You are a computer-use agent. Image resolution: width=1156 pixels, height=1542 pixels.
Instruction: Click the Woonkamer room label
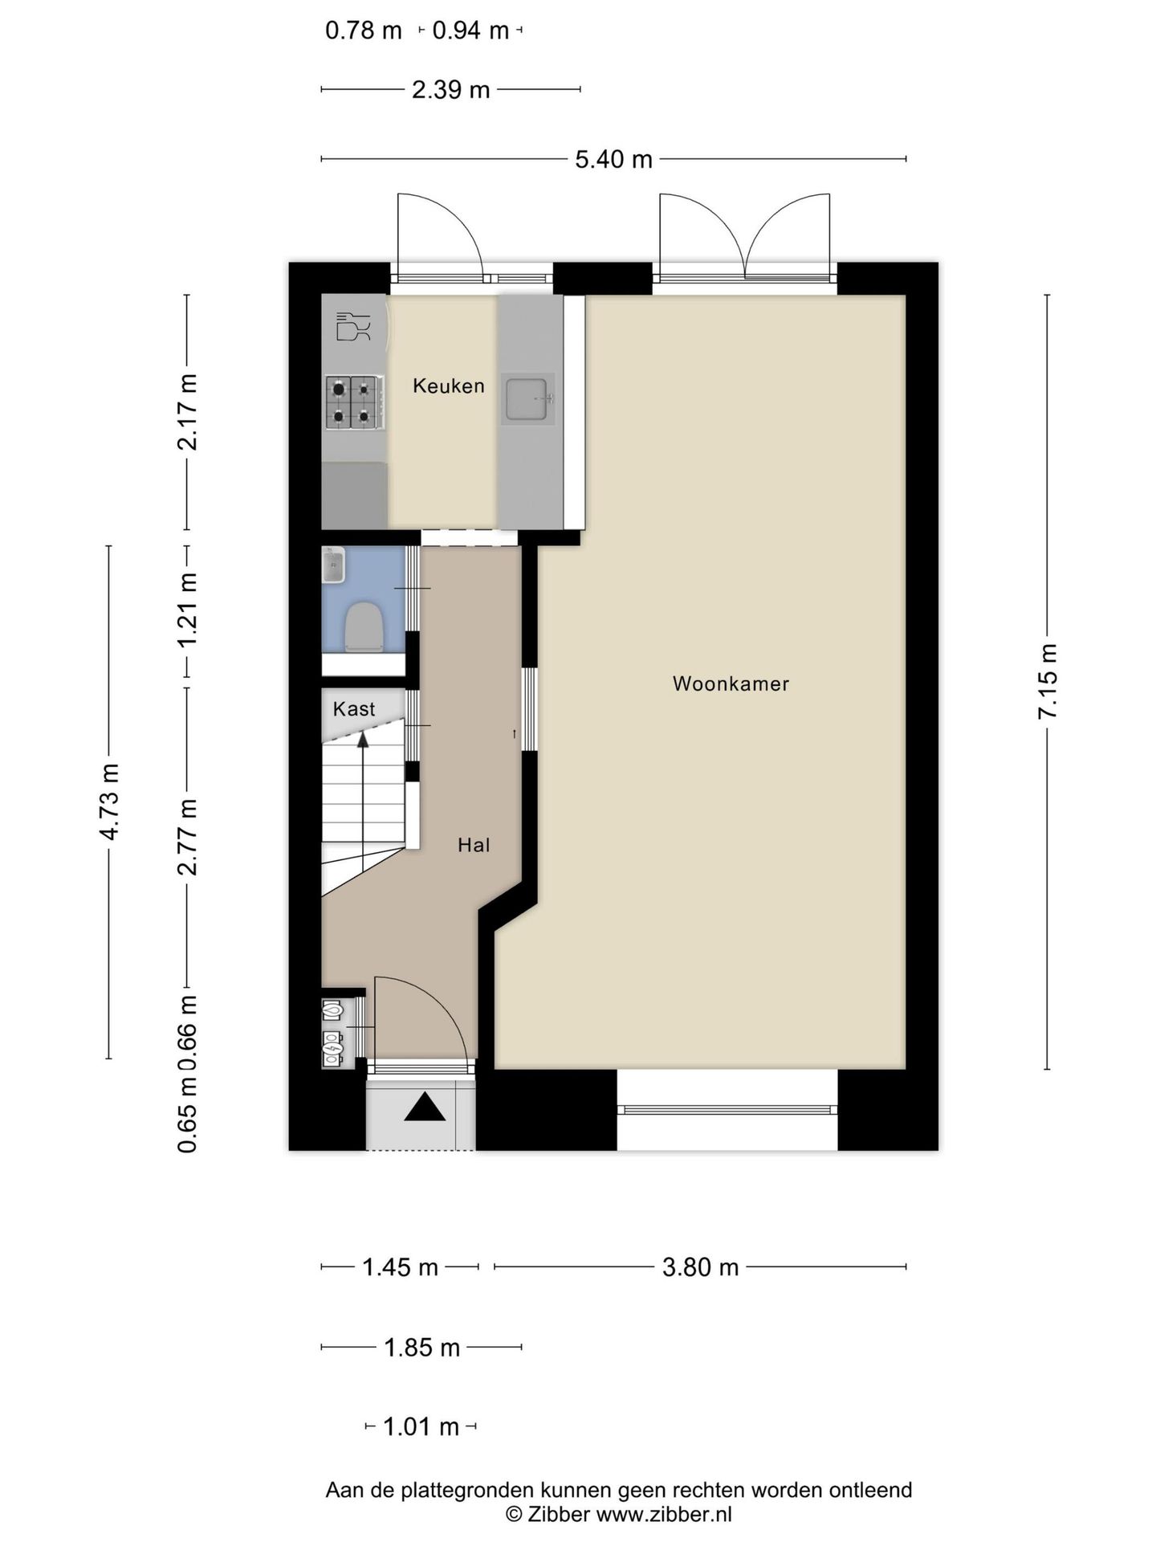coord(731,683)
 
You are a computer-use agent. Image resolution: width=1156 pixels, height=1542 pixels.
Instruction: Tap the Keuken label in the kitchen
coord(449,385)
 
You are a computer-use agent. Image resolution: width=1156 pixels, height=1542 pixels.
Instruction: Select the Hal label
coord(474,845)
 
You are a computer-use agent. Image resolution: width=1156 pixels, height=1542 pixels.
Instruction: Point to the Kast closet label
coord(354,709)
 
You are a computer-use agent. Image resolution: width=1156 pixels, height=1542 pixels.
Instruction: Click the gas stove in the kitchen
coord(353,402)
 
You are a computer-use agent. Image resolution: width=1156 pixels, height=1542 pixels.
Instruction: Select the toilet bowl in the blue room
coord(364,626)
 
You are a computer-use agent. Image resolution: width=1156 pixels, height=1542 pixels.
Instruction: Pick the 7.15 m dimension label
coord(1048,681)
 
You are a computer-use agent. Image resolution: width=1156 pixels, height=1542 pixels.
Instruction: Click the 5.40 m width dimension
coord(613,159)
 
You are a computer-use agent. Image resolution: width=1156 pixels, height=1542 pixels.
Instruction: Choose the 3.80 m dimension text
coord(700,1267)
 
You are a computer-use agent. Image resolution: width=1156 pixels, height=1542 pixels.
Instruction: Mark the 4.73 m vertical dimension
coord(109,802)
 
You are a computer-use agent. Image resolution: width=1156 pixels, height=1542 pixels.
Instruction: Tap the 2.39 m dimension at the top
coord(450,89)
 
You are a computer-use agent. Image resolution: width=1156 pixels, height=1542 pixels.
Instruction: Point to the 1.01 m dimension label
coord(421,1427)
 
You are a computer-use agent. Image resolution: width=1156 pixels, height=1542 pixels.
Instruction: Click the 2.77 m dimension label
coord(188,836)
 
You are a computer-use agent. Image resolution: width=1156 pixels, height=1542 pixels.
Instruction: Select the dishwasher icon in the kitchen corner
coord(353,326)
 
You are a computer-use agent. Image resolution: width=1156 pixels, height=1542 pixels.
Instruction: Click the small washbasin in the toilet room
coord(333,565)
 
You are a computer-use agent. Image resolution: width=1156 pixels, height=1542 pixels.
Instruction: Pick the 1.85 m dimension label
coord(421,1348)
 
